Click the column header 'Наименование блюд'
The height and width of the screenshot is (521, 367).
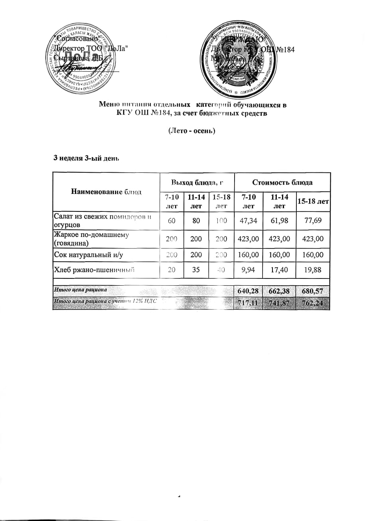click(x=106, y=192)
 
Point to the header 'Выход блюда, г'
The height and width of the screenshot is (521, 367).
click(x=196, y=182)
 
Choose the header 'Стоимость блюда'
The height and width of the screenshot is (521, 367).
click(x=282, y=182)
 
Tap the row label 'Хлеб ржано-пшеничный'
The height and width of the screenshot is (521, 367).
click(x=94, y=270)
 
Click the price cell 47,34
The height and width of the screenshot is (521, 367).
click(x=248, y=221)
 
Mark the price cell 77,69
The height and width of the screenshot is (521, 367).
click(x=313, y=221)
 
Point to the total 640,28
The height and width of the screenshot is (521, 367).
click(x=248, y=291)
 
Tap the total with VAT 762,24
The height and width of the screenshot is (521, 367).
click(x=313, y=304)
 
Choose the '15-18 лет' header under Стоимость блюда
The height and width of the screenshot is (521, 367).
click(x=313, y=202)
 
